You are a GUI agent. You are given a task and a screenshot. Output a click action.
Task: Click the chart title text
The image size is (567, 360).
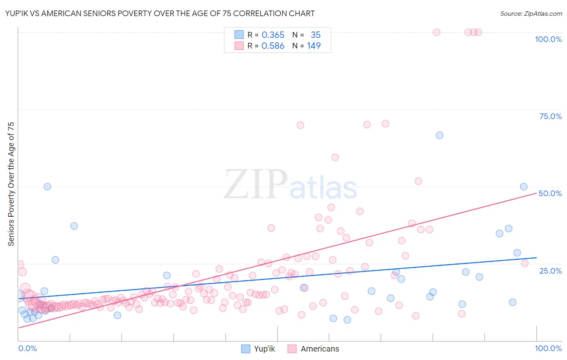(160, 13)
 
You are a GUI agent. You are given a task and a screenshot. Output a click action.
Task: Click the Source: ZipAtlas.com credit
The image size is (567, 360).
(531, 13)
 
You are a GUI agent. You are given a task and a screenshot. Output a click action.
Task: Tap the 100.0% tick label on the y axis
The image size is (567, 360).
(548, 39)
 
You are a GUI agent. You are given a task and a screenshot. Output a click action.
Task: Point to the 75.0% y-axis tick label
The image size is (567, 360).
(550, 116)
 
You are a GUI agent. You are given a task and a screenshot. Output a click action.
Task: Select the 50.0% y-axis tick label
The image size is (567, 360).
(550, 193)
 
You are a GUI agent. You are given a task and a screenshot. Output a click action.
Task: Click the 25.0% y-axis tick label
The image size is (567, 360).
(550, 271)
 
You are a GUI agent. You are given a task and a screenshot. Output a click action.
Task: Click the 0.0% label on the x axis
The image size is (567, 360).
(27, 348)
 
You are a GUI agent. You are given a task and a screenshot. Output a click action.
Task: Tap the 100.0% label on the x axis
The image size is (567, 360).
(548, 348)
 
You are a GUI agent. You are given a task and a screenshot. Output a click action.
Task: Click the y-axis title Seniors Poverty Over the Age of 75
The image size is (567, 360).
(11, 184)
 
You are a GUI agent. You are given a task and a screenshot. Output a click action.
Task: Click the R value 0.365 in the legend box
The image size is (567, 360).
(273, 35)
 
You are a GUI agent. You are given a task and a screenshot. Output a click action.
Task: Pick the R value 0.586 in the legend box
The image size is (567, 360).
(273, 46)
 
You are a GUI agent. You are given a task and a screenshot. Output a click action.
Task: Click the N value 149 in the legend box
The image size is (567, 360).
(314, 46)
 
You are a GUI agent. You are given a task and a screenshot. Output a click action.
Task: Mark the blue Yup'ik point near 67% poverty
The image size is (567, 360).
(440, 135)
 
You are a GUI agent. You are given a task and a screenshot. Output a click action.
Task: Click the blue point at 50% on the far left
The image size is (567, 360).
(47, 186)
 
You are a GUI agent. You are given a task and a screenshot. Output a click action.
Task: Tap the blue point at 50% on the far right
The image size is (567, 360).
(523, 186)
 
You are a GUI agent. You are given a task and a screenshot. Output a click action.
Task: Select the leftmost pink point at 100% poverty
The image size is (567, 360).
(436, 32)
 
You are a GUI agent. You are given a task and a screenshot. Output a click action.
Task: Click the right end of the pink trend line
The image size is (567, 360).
(536, 193)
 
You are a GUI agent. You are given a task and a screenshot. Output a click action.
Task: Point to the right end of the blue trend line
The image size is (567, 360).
(536, 257)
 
